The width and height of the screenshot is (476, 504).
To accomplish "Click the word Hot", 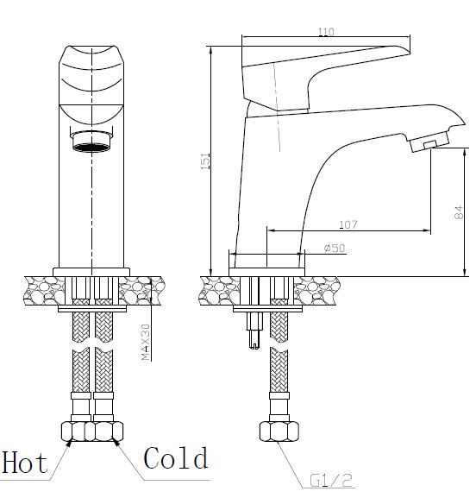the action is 25,463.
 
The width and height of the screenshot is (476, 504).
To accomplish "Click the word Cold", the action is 176,457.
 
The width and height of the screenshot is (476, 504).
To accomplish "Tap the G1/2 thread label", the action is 331,481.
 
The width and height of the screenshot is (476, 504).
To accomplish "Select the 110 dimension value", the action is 326,32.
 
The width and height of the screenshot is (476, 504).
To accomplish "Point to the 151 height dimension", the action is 205,161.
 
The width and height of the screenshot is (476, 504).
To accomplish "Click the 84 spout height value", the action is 459,212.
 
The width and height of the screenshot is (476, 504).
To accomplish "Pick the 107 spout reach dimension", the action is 348,224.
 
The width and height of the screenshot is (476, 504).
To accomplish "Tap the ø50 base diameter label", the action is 335,249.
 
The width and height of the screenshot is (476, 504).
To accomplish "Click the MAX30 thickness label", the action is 146,342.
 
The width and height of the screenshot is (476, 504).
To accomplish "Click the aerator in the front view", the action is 91,142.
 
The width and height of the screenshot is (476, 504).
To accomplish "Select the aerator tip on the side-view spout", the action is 429,142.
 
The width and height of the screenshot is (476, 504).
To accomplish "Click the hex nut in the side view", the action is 279,432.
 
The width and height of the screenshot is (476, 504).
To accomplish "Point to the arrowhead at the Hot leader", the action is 69,444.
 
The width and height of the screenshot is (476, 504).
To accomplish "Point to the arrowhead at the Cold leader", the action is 116,443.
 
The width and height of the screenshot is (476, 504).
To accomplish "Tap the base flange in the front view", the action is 91,272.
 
